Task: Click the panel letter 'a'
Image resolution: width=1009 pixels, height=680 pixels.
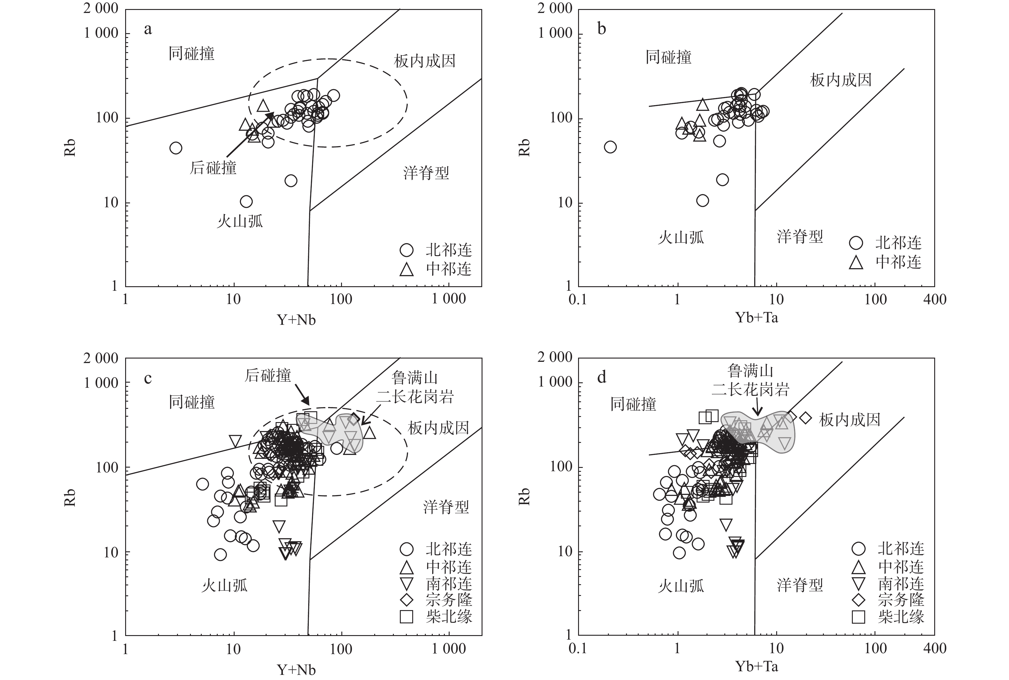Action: click(x=148, y=30)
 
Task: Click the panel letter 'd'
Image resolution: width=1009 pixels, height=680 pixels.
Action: click(x=602, y=377)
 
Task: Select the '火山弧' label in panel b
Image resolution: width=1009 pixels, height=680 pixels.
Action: click(x=681, y=237)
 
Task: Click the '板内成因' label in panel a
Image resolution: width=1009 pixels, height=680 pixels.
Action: click(x=424, y=61)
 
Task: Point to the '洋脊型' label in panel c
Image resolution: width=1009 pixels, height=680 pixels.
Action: click(x=446, y=506)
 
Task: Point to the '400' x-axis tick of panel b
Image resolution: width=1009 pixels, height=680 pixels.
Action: click(x=934, y=299)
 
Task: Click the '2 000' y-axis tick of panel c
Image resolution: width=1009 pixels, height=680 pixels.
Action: click(x=101, y=359)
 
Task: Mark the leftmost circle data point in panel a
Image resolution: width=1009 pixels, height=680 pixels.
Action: click(x=175, y=148)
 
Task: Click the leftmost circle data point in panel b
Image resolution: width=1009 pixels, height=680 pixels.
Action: click(x=610, y=147)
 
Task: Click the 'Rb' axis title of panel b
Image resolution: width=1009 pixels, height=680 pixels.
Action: click(x=524, y=147)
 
